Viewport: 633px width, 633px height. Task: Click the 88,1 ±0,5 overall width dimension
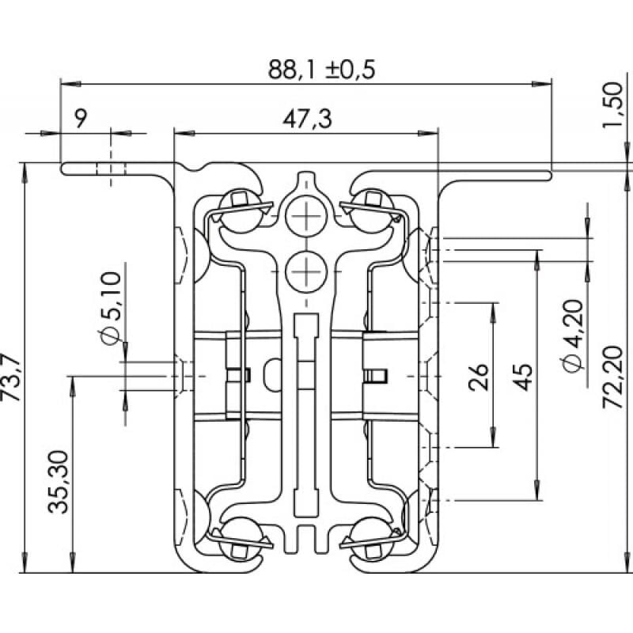tap(321, 70)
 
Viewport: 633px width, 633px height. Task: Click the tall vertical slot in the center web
tap(304, 411)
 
